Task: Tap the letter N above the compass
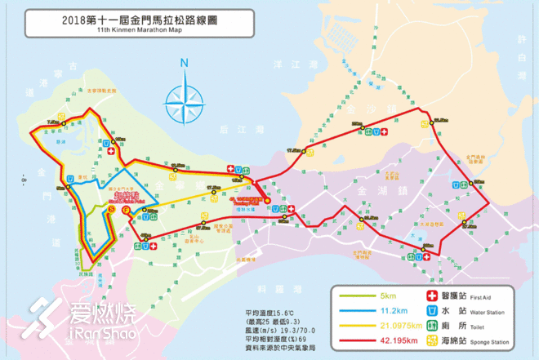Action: click(x=185, y=62)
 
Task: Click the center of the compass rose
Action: click(x=185, y=101)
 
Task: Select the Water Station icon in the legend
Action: click(x=432, y=311)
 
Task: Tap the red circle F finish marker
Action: click(x=125, y=209)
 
